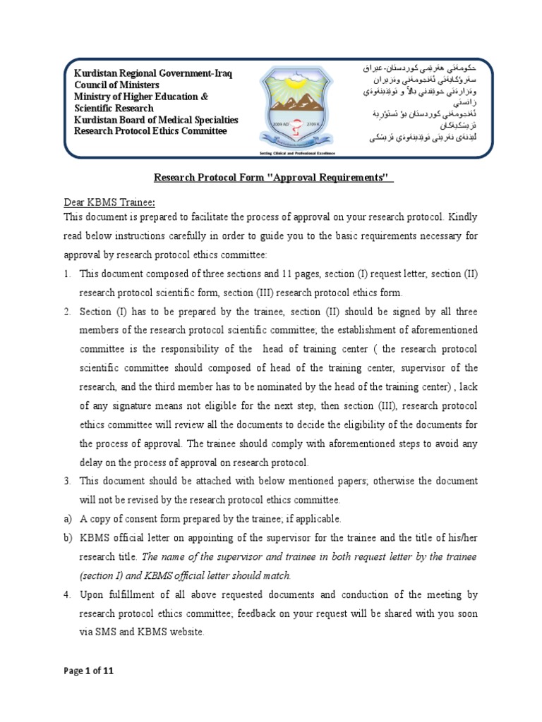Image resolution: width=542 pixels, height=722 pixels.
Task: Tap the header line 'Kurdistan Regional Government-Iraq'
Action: click(x=152, y=74)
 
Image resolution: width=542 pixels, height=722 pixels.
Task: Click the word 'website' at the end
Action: click(x=185, y=632)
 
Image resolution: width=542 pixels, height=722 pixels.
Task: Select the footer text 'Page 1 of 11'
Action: click(x=88, y=671)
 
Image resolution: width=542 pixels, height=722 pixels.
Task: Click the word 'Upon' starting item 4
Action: click(x=92, y=594)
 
